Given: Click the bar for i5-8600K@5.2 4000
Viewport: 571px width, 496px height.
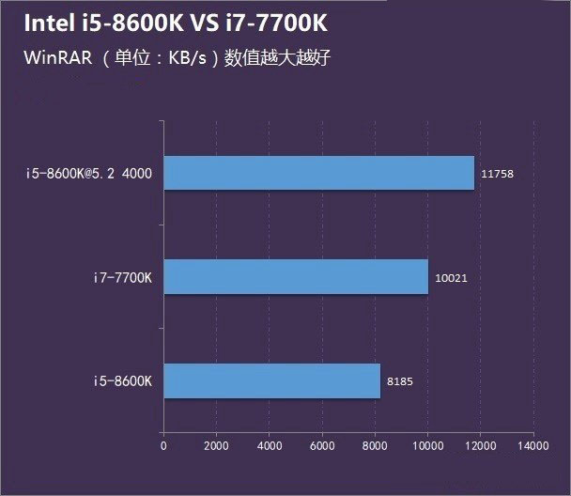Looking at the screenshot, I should pos(319,173).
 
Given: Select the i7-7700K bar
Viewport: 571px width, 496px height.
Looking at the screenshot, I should pos(296,277).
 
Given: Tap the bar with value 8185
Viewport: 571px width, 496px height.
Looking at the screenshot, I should pos(272,380).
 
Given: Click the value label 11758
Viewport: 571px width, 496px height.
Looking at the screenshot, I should pos(496,174).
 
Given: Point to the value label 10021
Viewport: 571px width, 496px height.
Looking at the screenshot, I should pos(451,277).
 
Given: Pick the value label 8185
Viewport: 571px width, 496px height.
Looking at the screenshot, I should pos(399,381).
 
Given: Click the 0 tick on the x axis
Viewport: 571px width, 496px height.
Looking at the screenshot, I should pos(163,443).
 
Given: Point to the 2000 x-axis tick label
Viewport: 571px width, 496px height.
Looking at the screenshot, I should pos(216,443).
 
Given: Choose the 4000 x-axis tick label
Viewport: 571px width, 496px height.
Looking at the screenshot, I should pos(270,443).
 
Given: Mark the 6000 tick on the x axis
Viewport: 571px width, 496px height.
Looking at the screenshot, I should pos(322,443).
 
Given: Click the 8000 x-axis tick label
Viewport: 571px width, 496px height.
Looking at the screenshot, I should pos(375,443).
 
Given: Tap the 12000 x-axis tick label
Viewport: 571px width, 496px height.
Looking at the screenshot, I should pos(481,443).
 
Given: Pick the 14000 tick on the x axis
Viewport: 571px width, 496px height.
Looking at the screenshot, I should pos(533,443).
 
